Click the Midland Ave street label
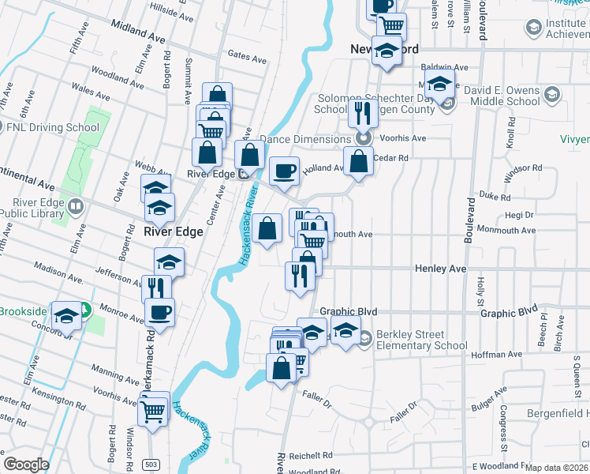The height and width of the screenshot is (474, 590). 139,31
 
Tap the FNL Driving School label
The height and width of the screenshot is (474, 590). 54,127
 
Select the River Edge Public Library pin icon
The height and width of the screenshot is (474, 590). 76,207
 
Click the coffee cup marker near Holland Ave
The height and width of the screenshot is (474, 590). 284,170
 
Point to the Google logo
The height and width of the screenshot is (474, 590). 26,465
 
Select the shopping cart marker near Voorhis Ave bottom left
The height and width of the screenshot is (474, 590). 153,410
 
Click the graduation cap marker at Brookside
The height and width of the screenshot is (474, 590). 67,315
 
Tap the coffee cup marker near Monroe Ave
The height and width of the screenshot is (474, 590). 159,311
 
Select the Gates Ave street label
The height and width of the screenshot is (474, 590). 247,57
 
